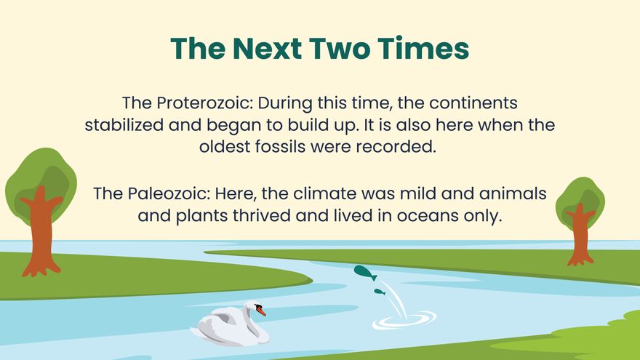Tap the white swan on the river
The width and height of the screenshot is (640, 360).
[x=231, y=324]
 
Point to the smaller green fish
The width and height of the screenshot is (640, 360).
[x=379, y=292]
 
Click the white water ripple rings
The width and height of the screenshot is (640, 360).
[x=404, y=319]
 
